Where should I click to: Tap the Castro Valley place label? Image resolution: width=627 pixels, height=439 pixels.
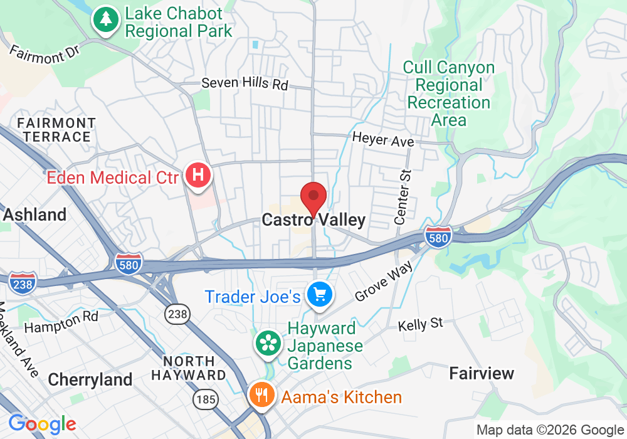(313, 220)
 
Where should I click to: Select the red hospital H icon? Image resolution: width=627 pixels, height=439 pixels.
(198, 174)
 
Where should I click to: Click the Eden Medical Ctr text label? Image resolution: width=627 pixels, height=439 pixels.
(112, 177)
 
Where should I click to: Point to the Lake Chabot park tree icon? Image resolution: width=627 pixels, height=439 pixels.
(106, 19)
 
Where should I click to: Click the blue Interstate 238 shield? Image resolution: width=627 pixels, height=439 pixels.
(23, 282)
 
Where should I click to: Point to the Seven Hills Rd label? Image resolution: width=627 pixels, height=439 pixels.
(244, 83)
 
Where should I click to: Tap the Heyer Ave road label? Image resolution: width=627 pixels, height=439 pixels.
(382, 139)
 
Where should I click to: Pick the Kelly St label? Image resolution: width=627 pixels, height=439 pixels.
(420, 324)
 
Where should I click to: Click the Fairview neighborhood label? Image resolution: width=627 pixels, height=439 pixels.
(482, 374)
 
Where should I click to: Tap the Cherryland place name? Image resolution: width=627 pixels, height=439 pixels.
(90, 379)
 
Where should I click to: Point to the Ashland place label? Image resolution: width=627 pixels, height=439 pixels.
(35, 214)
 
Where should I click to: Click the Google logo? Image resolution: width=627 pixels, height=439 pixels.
(42, 425)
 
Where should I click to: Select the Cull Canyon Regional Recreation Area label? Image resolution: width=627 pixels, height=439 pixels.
(448, 93)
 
